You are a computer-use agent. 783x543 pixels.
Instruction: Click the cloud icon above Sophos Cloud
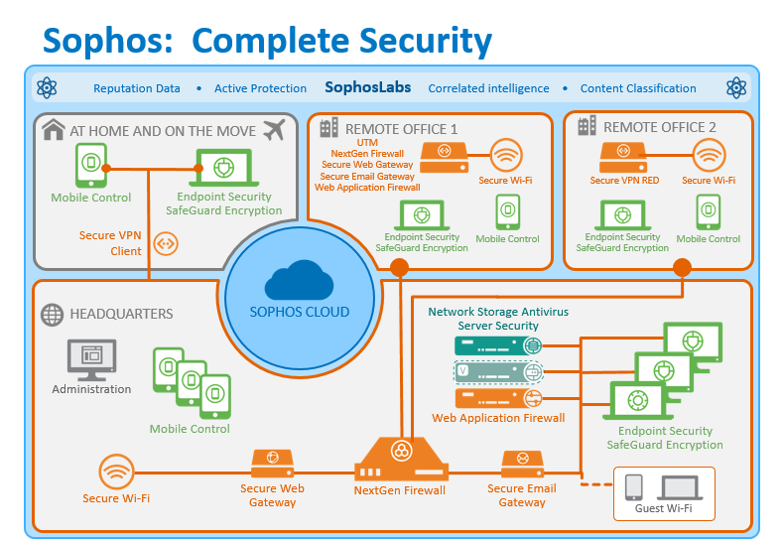pyautogui.click(x=299, y=280)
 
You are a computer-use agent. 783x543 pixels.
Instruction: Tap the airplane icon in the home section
pyautogui.click(x=274, y=130)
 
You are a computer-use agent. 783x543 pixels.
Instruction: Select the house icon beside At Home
pyautogui.click(x=54, y=129)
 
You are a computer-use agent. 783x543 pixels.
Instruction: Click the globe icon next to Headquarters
pyautogui.click(x=52, y=315)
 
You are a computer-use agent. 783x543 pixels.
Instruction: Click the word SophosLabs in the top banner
pyautogui.click(x=368, y=87)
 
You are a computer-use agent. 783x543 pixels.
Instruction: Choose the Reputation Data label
pyautogui.click(x=137, y=88)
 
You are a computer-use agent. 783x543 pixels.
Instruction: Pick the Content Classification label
pyautogui.click(x=638, y=88)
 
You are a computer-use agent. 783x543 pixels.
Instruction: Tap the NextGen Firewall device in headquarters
pyautogui.click(x=401, y=459)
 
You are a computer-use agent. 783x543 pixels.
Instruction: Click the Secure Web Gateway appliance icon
pyautogui.click(x=272, y=464)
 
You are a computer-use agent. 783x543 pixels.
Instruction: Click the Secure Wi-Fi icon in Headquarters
pyautogui.click(x=116, y=472)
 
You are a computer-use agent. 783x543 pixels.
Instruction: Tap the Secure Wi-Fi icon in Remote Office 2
pyautogui.click(x=710, y=156)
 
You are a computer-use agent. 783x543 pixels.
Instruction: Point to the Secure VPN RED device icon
pyautogui.click(x=623, y=157)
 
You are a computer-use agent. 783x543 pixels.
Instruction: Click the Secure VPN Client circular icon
pyautogui.click(x=166, y=244)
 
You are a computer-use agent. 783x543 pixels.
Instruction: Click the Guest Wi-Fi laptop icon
pyautogui.click(x=680, y=487)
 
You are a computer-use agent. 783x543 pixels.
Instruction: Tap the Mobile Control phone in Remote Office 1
pyautogui.click(x=508, y=212)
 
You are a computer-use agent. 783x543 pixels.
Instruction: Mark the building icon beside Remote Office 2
pyautogui.click(x=587, y=125)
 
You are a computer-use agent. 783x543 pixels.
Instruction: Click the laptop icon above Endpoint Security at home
pyautogui.click(x=224, y=168)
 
